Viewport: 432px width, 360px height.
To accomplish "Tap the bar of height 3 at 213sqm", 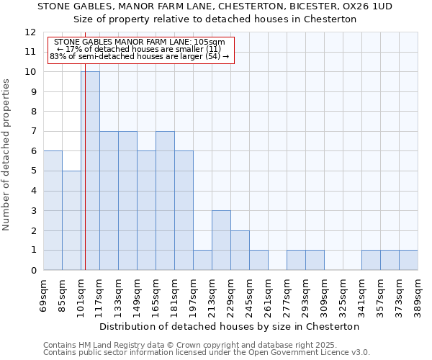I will (x=221, y=240).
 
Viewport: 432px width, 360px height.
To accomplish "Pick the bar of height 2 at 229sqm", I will (x=240, y=250).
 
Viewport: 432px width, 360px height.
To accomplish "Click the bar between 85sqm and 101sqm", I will (x=71, y=220).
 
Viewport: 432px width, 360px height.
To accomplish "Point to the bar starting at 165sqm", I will (x=165, y=201).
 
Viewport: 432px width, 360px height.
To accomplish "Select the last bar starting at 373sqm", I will (x=408, y=260).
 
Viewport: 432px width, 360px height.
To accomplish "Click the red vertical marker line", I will (x=85, y=180).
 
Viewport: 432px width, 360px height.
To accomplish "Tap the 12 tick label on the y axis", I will (x=30, y=32).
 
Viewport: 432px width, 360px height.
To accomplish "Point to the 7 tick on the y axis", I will (x=33, y=132).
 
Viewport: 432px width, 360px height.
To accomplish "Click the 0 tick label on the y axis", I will (x=33, y=271).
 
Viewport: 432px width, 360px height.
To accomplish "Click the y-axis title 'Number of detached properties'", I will (x=7, y=155).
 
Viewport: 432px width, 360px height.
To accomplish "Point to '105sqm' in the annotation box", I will (x=208, y=42).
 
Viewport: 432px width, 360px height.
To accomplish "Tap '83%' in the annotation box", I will (x=58, y=56).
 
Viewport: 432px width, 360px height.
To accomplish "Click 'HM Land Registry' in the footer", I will (x=108, y=345).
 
